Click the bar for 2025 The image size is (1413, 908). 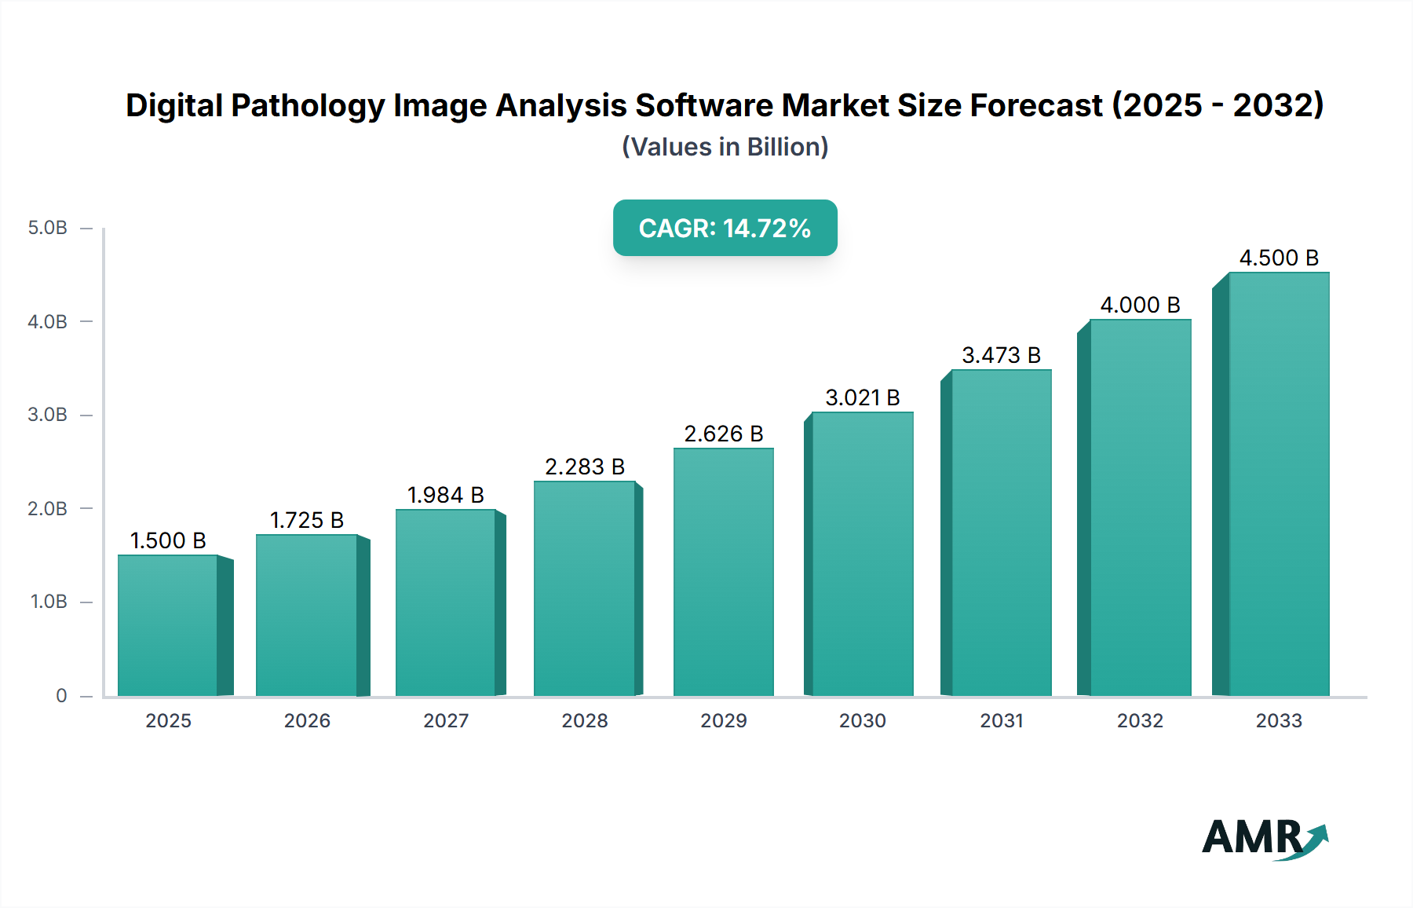click(168, 625)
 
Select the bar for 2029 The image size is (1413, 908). click(723, 572)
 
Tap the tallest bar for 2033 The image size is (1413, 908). click(1278, 484)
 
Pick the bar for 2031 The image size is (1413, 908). click(1001, 533)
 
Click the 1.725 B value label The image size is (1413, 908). click(307, 520)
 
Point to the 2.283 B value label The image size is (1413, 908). click(585, 467)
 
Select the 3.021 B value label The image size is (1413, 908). click(862, 397)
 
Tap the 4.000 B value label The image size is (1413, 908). click(1140, 305)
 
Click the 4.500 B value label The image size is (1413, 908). click(1279, 258)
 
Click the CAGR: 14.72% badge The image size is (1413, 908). click(725, 228)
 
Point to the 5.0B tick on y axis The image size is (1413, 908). click(47, 228)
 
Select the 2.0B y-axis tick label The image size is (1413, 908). click(47, 508)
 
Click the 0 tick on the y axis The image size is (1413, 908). click(61, 695)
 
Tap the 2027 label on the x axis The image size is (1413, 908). click(446, 720)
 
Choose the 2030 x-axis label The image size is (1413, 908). click(862, 720)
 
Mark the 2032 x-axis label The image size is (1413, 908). click(1140, 720)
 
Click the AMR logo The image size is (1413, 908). click(1264, 838)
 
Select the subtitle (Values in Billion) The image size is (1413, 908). click(725, 147)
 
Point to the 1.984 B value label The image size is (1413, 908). click(445, 495)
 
